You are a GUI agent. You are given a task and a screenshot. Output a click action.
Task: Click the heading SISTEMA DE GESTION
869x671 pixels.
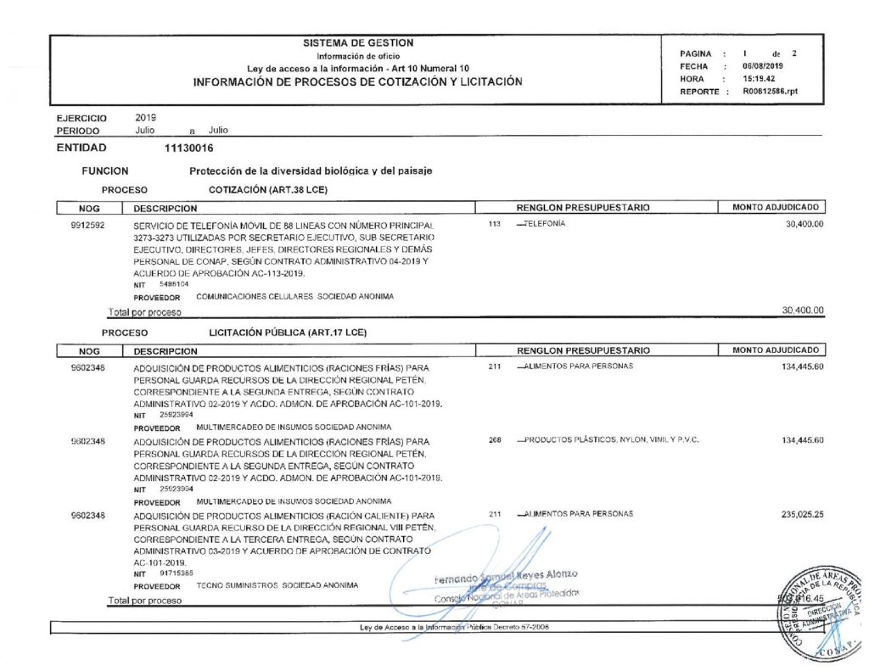358,43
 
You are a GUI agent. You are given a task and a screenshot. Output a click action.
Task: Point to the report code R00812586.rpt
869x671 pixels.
771,91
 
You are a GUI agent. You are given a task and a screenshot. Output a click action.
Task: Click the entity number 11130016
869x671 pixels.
189,148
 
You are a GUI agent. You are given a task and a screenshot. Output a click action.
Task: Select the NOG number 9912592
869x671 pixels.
87,225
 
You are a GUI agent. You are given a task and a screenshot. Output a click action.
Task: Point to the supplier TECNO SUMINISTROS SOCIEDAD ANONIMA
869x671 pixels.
277,585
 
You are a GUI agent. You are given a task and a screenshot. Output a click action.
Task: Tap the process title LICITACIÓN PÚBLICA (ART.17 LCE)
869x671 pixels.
287,333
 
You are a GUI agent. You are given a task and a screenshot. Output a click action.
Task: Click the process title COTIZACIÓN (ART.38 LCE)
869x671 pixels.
267,189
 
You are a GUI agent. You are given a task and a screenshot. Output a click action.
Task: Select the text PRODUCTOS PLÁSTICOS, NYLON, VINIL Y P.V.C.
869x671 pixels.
611,440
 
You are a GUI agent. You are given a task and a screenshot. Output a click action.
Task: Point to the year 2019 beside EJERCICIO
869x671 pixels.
147,118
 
